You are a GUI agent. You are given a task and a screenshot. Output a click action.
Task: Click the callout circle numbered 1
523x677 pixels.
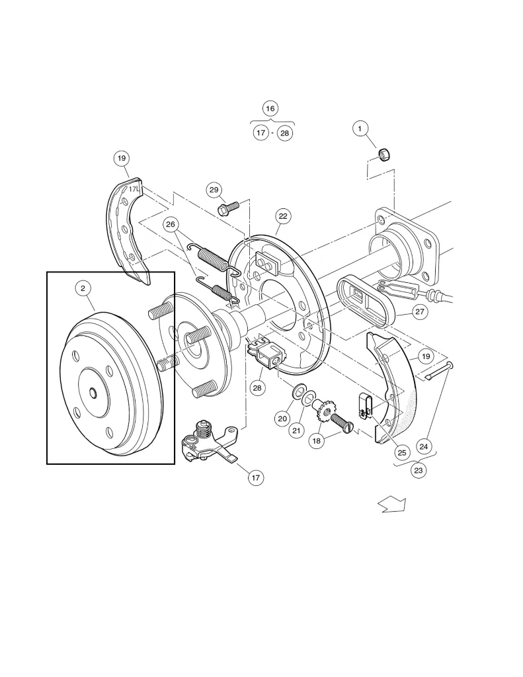[x=360, y=129]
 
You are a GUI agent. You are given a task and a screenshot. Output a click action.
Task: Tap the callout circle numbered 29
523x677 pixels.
[x=213, y=190]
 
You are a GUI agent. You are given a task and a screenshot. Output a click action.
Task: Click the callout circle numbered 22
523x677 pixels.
[x=283, y=216]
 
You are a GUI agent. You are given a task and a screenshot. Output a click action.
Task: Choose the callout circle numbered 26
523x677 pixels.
[x=172, y=224]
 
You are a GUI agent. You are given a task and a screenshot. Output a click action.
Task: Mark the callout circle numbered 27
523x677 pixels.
[x=419, y=312]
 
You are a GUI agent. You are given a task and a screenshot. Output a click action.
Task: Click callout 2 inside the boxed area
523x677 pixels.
[x=83, y=288]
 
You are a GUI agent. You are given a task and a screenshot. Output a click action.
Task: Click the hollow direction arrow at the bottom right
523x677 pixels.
[x=391, y=505]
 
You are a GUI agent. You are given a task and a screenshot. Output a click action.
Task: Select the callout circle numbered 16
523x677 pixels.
[x=270, y=108]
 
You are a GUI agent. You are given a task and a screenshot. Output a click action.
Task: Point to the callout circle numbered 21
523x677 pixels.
[x=297, y=430]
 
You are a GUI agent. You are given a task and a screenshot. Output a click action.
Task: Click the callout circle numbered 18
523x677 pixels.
[x=317, y=440]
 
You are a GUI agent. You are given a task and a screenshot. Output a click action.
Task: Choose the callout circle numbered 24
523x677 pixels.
[x=424, y=446]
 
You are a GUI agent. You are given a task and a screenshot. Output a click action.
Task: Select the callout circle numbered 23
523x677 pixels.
[x=419, y=470]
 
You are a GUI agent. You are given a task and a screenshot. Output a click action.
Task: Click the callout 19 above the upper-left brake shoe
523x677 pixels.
[x=122, y=158]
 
